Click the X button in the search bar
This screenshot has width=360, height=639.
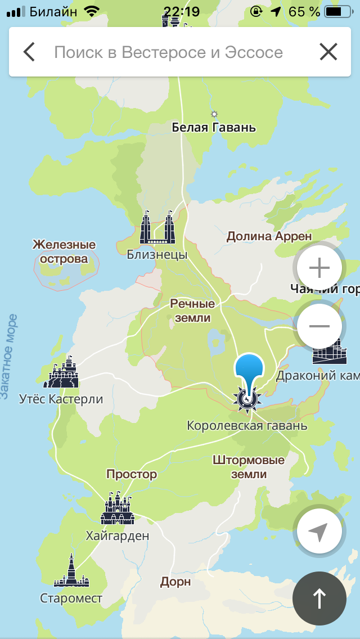[328, 52]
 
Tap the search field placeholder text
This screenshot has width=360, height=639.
[168, 52]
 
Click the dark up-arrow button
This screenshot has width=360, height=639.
[319, 598]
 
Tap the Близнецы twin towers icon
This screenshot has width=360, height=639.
[157, 228]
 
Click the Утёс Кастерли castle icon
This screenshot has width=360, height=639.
[62, 372]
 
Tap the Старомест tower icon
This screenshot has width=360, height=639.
[71, 571]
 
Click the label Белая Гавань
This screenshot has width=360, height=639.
[214, 128]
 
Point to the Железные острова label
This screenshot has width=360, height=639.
[64, 251]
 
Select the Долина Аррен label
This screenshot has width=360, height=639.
[269, 236]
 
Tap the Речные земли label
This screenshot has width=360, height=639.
[193, 310]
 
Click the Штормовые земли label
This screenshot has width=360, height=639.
[249, 467]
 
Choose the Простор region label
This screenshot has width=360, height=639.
[132, 474]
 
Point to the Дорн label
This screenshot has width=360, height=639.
[175, 582]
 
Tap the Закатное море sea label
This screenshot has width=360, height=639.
[8, 357]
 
